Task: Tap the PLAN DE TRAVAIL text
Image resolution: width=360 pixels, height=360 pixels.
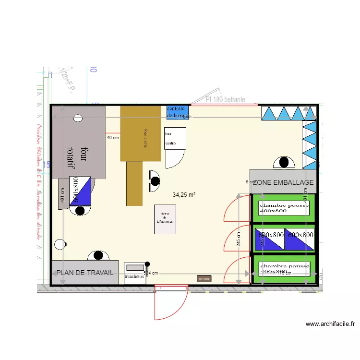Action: coord(85,273)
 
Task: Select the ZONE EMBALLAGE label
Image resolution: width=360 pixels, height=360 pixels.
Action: coord(283,182)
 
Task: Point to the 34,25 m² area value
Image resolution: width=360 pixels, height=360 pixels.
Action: coord(184,195)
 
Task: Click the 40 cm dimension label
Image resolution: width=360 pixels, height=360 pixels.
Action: coord(112,138)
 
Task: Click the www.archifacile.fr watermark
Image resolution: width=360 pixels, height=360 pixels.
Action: coord(330,324)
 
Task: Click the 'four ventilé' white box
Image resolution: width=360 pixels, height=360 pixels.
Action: coord(175,138)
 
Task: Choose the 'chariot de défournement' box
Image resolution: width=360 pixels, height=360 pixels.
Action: coord(165,219)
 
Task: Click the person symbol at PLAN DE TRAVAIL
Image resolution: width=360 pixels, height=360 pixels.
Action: coord(98,255)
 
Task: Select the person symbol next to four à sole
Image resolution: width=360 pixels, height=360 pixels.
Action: coord(155,181)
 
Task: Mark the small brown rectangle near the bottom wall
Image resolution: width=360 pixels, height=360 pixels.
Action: coord(204,278)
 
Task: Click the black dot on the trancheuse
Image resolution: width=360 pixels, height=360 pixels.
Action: coord(147,264)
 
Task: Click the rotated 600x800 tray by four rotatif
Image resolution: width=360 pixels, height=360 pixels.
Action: coord(80,191)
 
